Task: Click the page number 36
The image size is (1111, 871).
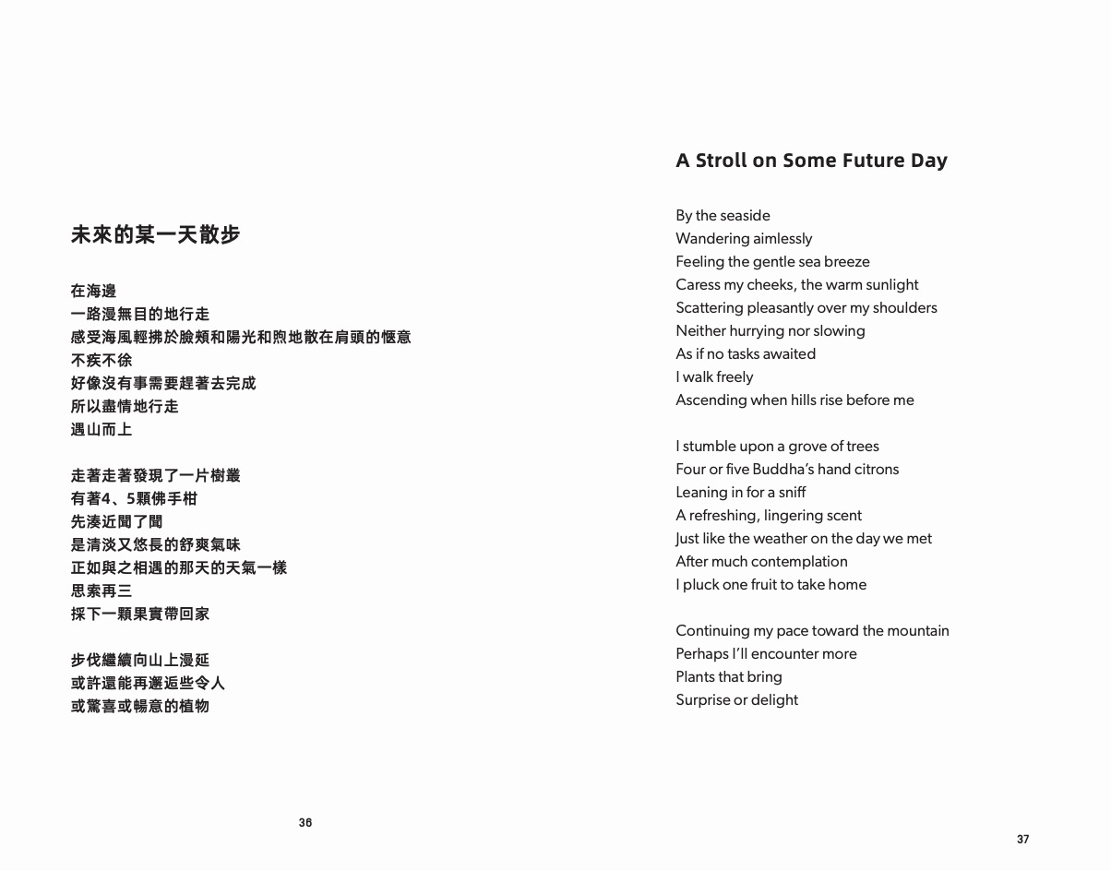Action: coord(305,822)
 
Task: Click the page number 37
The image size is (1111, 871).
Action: coord(1022,839)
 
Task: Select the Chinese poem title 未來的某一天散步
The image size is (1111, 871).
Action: coord(156,234)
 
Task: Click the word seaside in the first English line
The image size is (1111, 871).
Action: coord(746,215)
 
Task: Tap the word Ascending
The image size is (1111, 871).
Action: coord(711,400)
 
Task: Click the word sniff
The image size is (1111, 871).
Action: coord(793,492)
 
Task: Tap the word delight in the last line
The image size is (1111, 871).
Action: coord(775,699)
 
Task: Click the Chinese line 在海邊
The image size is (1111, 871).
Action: coord(94,291)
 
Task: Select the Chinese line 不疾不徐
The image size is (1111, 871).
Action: coord(102,360)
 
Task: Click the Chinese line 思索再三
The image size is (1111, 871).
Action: coord(102,591)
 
